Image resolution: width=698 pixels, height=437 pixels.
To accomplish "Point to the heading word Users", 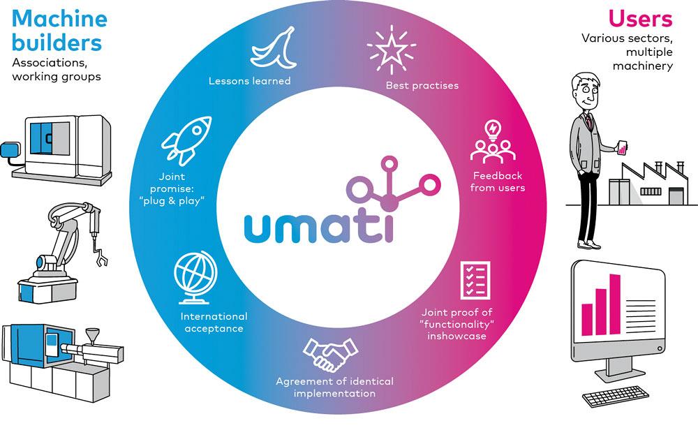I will (x=640, y=17).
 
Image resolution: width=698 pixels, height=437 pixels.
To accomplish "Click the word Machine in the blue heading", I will (x=58, y=19).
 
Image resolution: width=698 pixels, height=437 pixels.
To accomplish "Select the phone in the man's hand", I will (x=624, y=147).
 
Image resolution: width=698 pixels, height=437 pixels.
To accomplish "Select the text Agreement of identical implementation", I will (x=334, y=387).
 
